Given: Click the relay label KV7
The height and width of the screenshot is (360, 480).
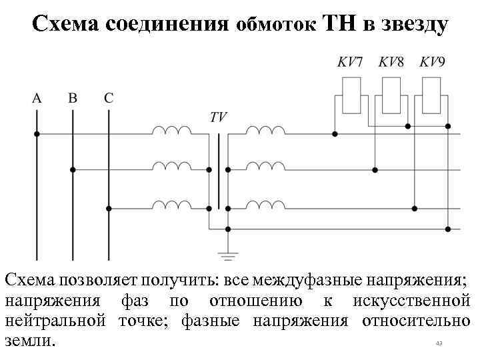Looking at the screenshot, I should (x=350, y=63).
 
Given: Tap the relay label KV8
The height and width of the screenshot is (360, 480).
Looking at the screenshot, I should (x=391, y=63).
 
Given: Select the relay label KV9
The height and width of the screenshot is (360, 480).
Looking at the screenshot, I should (x=433, y=63).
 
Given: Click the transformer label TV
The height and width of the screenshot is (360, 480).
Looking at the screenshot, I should (x=218, y=117).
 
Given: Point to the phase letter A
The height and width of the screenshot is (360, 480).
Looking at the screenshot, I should (x=37, y=98).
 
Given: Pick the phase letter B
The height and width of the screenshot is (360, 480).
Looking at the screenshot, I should (x=73, y=98).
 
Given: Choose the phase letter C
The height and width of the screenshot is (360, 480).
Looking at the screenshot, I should (x=109, y=98).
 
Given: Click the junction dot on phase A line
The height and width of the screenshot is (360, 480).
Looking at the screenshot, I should (x=37, y=134).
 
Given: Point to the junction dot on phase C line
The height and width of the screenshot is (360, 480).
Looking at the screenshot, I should (x=109, y=208).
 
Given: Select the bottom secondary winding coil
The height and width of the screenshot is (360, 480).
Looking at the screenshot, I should (x=265, y=204).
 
